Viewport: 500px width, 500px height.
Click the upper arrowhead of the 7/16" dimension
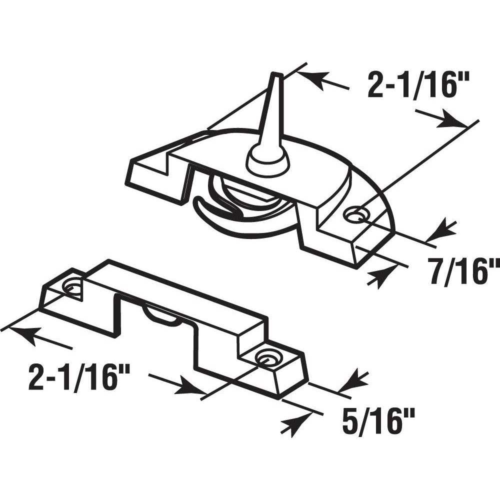[440, 229]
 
